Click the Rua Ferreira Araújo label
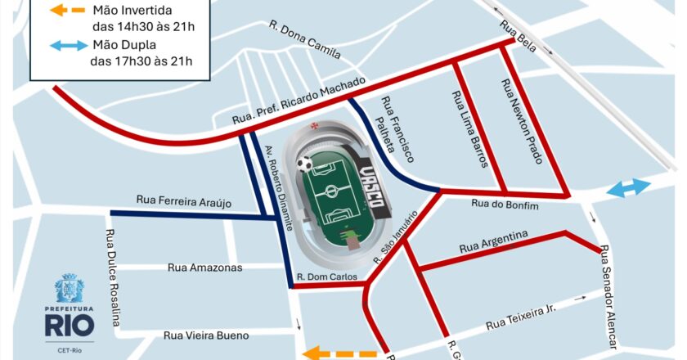185,201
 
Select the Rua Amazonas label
204,268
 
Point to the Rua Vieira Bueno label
205,335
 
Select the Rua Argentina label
492,242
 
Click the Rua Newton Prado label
520,121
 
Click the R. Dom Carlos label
327,277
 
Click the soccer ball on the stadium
304,164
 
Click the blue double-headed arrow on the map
628,189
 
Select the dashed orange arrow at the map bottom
339,353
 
